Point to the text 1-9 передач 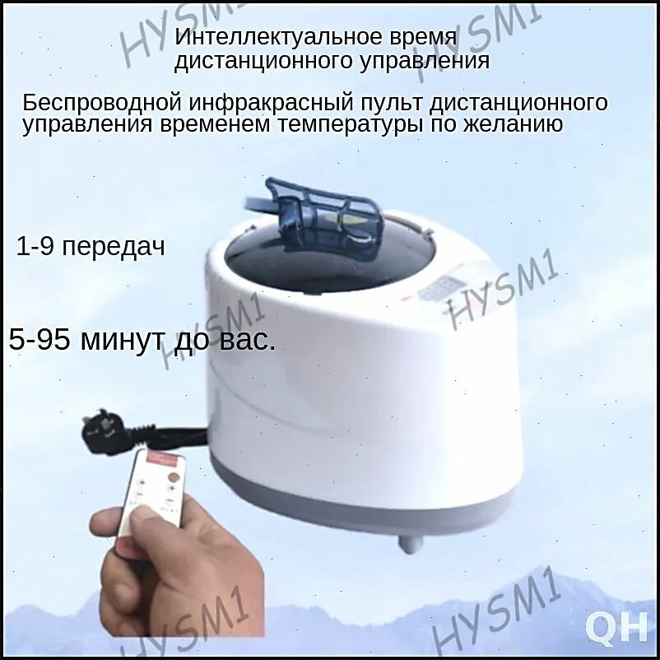coord(91,248)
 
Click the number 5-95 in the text coord(40,341)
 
